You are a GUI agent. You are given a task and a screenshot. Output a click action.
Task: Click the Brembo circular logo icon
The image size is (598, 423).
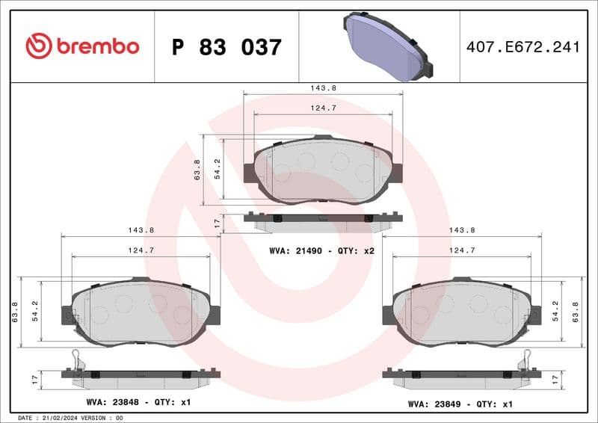38,46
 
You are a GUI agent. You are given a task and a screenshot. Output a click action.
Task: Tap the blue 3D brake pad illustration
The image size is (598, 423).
388,46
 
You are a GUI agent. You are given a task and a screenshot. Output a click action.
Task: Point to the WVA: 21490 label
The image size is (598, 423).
297,250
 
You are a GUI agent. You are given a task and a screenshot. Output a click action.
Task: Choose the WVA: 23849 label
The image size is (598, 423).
436,403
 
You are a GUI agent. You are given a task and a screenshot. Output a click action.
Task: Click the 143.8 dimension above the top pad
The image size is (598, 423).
323,87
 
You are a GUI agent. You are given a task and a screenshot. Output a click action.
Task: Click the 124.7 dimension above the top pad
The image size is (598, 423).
323,108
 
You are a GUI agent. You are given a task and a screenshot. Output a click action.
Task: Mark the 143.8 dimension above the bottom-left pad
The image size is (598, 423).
141,230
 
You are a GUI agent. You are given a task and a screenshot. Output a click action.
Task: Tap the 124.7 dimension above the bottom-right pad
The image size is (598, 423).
463,250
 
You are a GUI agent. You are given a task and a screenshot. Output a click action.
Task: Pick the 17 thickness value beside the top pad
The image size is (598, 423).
216,223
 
